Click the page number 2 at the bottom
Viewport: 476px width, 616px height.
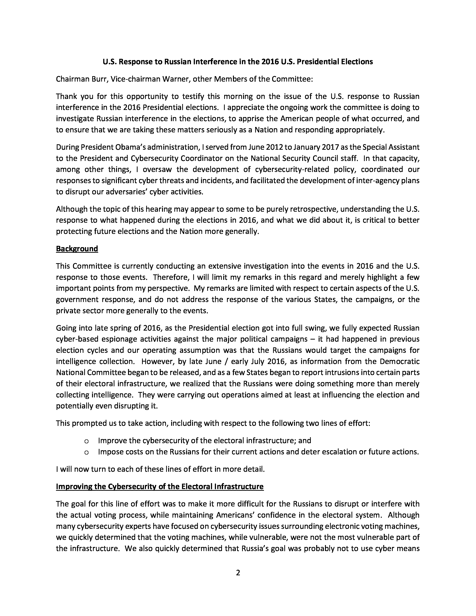[x=238, y=573]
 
